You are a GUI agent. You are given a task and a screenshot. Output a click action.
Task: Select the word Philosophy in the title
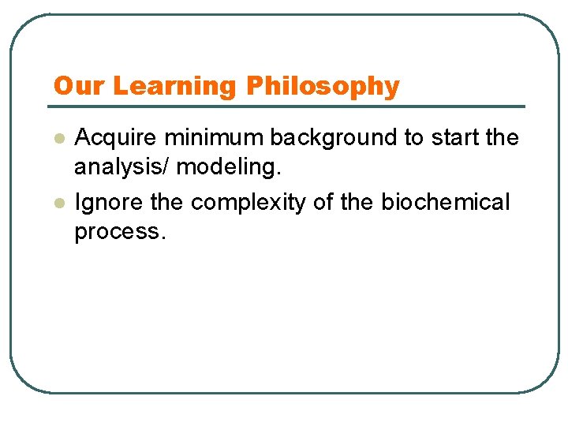[323, 86]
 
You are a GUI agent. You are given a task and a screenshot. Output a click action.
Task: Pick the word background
[335, 138]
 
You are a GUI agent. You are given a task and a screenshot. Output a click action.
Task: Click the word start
[455, 138]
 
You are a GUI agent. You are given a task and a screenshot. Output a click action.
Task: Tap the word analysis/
[122, 167]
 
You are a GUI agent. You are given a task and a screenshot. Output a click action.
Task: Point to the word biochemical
[446, 203]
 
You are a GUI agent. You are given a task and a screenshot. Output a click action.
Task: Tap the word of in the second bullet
[323, 203]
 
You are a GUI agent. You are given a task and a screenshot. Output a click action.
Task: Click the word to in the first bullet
[414, 138]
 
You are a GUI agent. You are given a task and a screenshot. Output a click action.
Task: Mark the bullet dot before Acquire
[58, 139]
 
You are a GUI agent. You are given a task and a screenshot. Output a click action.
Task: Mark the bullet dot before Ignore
[58, 204]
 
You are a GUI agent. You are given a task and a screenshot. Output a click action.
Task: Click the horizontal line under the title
[288, 106]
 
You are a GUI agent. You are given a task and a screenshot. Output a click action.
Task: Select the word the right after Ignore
[166, 203]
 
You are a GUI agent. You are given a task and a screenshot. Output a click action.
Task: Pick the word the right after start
[503, 138]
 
